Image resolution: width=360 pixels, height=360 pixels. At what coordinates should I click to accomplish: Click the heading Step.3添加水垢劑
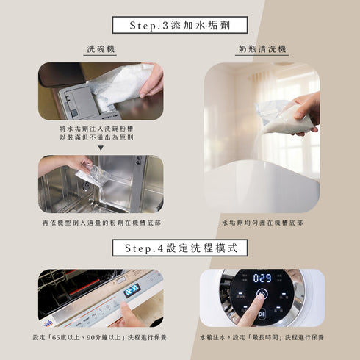179,24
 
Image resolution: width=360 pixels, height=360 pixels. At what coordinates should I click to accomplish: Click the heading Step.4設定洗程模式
179,248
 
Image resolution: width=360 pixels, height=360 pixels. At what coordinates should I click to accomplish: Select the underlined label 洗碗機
101,49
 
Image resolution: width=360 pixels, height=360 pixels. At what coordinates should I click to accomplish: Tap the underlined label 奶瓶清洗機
262,49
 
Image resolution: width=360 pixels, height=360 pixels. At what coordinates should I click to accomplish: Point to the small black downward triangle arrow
101,147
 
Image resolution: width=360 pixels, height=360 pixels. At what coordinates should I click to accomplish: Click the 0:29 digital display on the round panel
262,278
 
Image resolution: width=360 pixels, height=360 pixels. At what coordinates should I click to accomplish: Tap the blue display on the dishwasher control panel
132,289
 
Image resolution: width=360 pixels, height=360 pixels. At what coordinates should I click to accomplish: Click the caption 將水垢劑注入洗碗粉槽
101,128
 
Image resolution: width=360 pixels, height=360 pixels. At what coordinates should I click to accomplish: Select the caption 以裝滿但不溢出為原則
101,137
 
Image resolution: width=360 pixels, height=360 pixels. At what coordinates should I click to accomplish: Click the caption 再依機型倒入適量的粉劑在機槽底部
101,222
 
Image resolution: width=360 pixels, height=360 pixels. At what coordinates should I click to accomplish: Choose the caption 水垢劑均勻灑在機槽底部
262,222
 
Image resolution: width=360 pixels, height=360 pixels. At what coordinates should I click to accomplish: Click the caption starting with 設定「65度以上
101,337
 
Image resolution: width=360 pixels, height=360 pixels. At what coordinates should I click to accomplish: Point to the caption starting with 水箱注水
262,337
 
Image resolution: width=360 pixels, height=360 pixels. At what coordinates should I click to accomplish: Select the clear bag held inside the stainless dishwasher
94,175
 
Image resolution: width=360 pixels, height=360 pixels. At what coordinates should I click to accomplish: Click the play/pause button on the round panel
261,314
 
